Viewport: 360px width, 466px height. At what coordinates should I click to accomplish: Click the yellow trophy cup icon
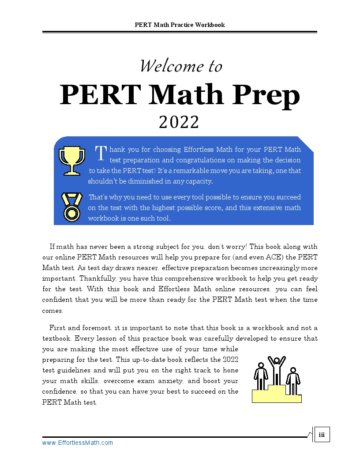coord(71,160)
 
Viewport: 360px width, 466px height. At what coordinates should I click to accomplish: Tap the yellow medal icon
coord(71,207)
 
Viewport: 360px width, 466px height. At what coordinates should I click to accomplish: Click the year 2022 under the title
coord(179,122)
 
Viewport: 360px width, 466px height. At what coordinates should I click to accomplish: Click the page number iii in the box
coord(322,435)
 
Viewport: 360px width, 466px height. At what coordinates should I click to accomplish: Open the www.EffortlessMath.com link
coord(78,443)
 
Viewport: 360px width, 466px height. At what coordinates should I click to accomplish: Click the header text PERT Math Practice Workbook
coord(180,25)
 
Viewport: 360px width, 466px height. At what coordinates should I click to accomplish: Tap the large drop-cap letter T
coord(101,153)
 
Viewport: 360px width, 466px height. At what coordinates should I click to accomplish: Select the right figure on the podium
coord(292,380)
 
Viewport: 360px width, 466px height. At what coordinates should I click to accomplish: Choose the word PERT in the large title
coord(100,95)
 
